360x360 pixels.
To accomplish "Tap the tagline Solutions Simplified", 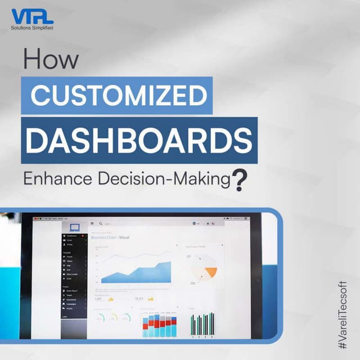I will click(32, 27).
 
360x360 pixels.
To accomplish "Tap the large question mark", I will click(240, 181).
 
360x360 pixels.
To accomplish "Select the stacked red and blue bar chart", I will click(160, 325).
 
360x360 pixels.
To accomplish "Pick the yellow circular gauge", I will click(114, 318).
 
